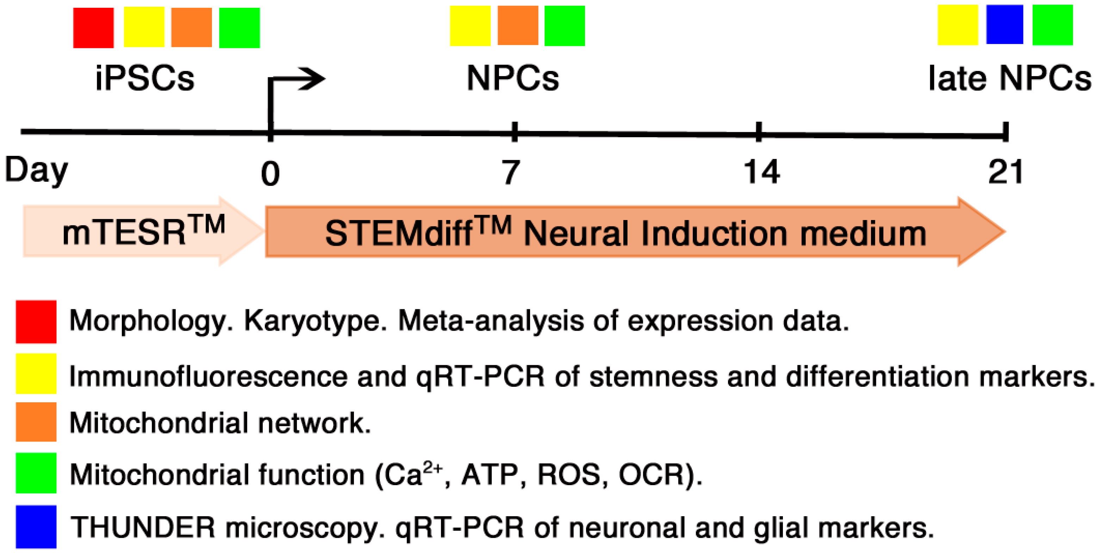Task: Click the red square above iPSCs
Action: pos(93,28)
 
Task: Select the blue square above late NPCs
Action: pos(1004,24)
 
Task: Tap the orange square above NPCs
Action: pos(518,25)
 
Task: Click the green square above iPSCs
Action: pos(239,28)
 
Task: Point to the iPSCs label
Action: pos(145,78)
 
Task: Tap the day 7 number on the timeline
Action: pos(511,172)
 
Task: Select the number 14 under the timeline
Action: pos(761,172)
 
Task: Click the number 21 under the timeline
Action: pos(1005,172)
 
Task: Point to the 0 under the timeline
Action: pos(270,174)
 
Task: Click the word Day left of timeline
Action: pos(36,170)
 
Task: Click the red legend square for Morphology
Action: pos(36,322)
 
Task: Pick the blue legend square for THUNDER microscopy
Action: pos(36,526)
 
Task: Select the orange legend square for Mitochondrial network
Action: pos(36,422)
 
